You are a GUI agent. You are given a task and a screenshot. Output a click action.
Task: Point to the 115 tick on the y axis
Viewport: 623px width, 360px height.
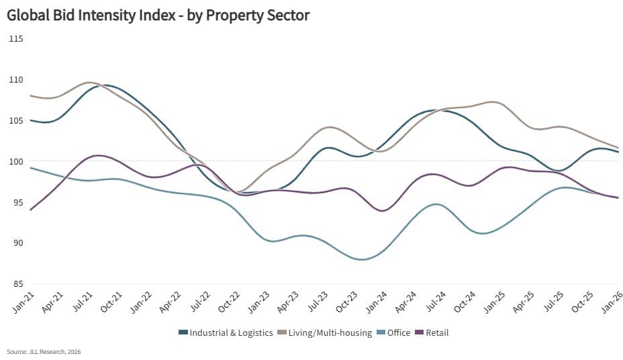[15, 38]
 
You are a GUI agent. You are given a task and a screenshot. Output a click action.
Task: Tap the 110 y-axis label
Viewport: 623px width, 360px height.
[15, 79]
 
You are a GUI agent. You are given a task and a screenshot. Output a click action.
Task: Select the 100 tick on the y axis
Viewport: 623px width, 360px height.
[15, 161]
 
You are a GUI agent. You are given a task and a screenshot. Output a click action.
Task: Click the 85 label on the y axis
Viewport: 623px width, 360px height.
[17, 283]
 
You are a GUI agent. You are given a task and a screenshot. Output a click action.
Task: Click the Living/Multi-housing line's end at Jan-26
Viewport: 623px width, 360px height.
[618, 148]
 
